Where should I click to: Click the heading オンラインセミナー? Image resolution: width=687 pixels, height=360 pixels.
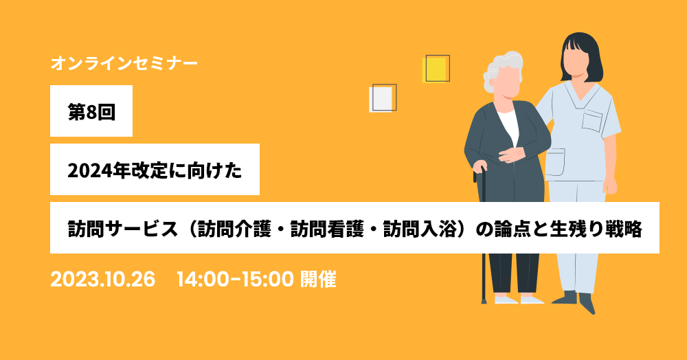124,63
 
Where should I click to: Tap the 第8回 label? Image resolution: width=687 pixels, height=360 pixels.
91,112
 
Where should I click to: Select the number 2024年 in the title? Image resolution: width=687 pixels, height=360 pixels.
96,170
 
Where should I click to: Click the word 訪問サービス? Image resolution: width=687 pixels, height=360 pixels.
123,229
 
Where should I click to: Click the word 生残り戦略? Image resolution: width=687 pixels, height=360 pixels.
596,229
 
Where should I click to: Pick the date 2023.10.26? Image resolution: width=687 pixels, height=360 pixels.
103,279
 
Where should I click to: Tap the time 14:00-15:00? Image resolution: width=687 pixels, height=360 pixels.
235,279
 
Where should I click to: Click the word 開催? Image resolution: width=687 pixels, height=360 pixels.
318,279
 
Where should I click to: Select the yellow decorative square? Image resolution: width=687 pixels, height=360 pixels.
435,69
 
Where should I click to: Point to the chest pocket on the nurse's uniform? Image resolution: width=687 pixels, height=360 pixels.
592,121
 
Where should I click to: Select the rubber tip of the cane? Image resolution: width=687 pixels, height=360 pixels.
484,300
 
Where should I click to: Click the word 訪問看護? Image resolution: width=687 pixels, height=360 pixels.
327,229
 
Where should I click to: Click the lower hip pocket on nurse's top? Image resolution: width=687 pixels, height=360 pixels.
554,162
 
